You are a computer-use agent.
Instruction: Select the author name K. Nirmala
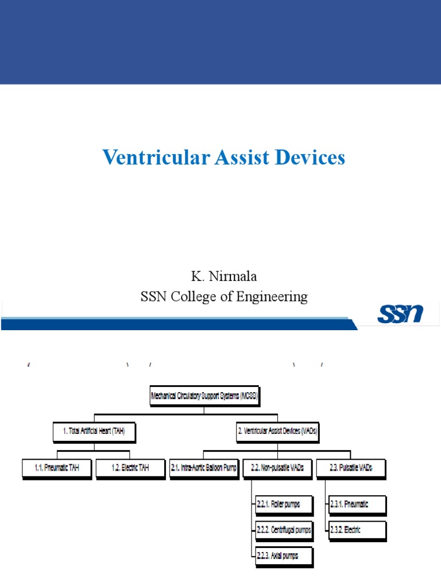click(224, 276)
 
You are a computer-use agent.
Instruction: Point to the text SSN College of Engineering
click(224, 297)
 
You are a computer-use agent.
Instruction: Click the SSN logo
click(400, 314)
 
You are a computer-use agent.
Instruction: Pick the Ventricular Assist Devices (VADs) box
click(277, 432)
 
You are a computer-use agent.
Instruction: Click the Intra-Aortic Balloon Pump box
click(204, 468)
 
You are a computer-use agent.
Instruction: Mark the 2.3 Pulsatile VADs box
click(351, 468)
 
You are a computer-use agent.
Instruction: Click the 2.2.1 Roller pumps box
click(277, 505)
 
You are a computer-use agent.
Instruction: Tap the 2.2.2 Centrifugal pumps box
click(284, 530)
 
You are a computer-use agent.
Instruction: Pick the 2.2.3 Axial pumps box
click(277, 555)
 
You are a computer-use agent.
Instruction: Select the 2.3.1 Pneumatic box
click(357, 505)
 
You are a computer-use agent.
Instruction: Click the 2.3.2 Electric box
click(357, 530)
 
